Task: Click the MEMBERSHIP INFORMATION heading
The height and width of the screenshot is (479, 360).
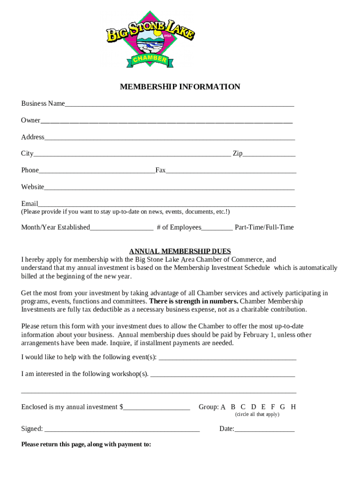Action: tap(180, 87)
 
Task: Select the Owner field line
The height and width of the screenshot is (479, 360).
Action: tap(166, 122)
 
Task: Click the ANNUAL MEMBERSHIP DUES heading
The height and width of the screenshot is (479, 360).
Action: tap(180, 251)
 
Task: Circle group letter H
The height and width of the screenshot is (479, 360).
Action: tap(293, 407)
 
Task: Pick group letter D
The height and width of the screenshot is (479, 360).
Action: tap(253, 407)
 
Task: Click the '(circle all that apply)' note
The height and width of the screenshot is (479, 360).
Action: tap(257, 414)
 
